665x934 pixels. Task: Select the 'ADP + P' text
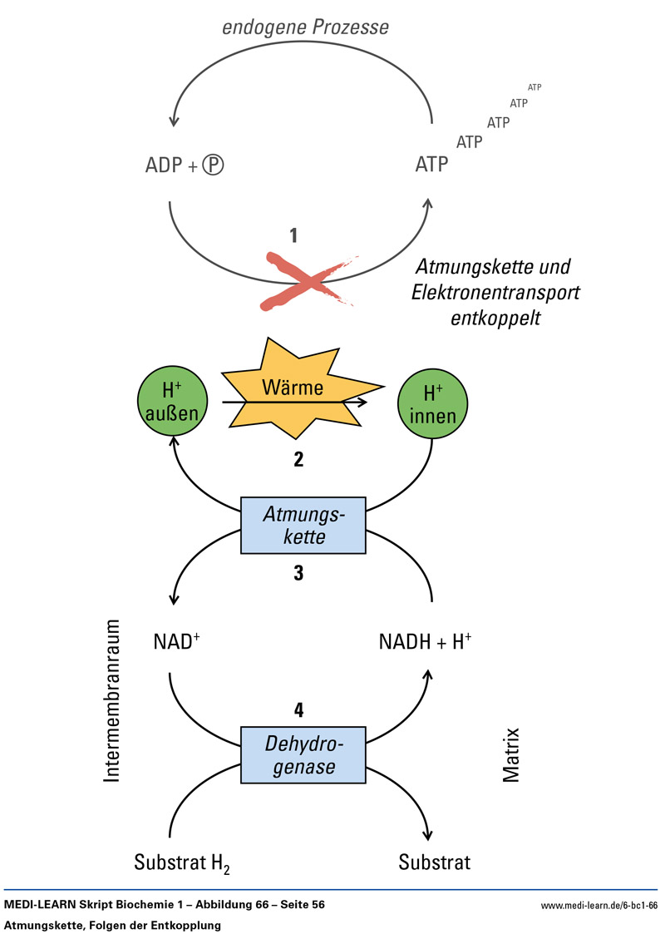click(x=185, y=165)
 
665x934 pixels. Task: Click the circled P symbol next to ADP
click(x=215, y=165)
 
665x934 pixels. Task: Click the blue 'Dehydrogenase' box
click(x=303, y=754)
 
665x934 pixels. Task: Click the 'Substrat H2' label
click(x=182, y=862)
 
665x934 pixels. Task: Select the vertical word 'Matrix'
click(x=511, y=755)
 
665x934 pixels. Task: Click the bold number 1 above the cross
click(x=293, y=235)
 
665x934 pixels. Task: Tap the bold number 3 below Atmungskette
click(x=298, y=573)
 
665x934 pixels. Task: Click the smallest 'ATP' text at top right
click(x=534, y=87)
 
